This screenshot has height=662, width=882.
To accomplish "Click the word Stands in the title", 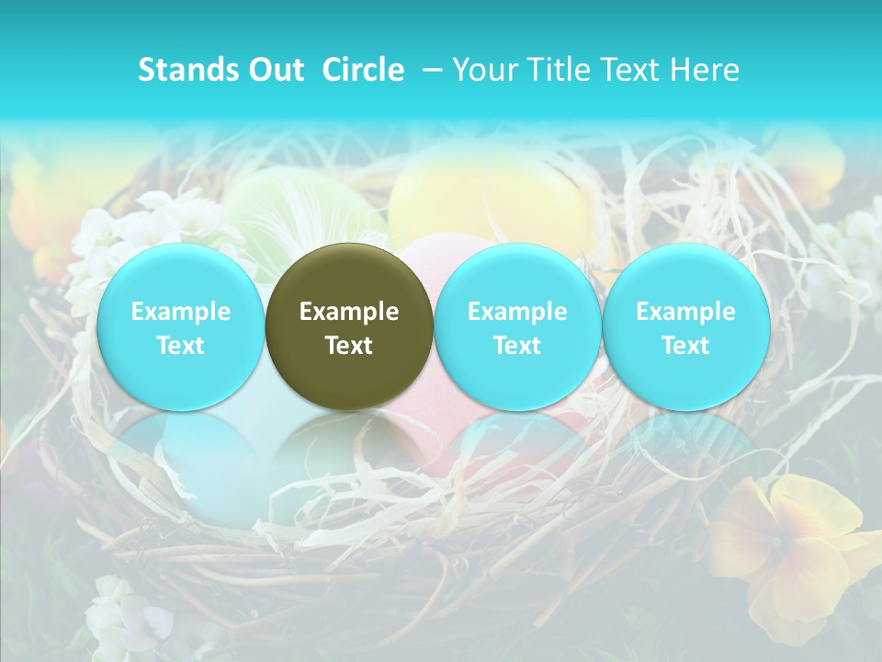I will [x=182, y=70].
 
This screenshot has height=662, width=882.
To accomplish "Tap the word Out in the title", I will [x=274, y=70].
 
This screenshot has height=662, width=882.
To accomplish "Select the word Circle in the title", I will [x=363, y=70].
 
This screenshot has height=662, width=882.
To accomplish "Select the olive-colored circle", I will [x=349, y=326].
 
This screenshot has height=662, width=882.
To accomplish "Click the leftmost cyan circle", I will [x=180, y=326].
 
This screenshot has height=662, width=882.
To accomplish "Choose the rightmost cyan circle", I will [x=685, y=326].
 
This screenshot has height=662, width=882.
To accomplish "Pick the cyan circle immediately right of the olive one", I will [x=517, y=326].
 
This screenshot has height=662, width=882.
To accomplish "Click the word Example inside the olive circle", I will [x=349, y=312].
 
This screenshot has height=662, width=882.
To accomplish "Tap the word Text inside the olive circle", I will [x=349, y=346].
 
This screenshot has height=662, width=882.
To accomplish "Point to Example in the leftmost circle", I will [x=180, y=312].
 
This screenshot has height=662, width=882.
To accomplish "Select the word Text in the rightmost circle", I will [x=685, y=346].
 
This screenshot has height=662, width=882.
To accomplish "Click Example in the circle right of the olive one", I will [x=517, y=312].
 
